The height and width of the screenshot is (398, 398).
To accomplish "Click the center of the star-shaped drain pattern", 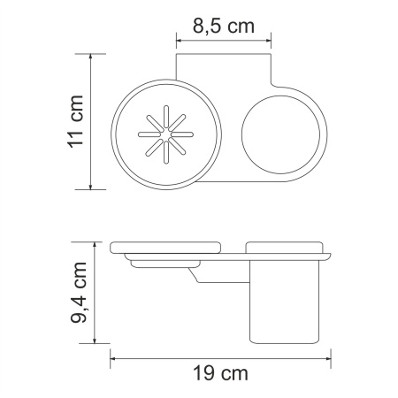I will point(165,133).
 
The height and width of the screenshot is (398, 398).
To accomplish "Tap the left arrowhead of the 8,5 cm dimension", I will point(180,39).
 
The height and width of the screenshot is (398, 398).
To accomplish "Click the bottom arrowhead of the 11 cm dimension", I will point(92,187).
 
